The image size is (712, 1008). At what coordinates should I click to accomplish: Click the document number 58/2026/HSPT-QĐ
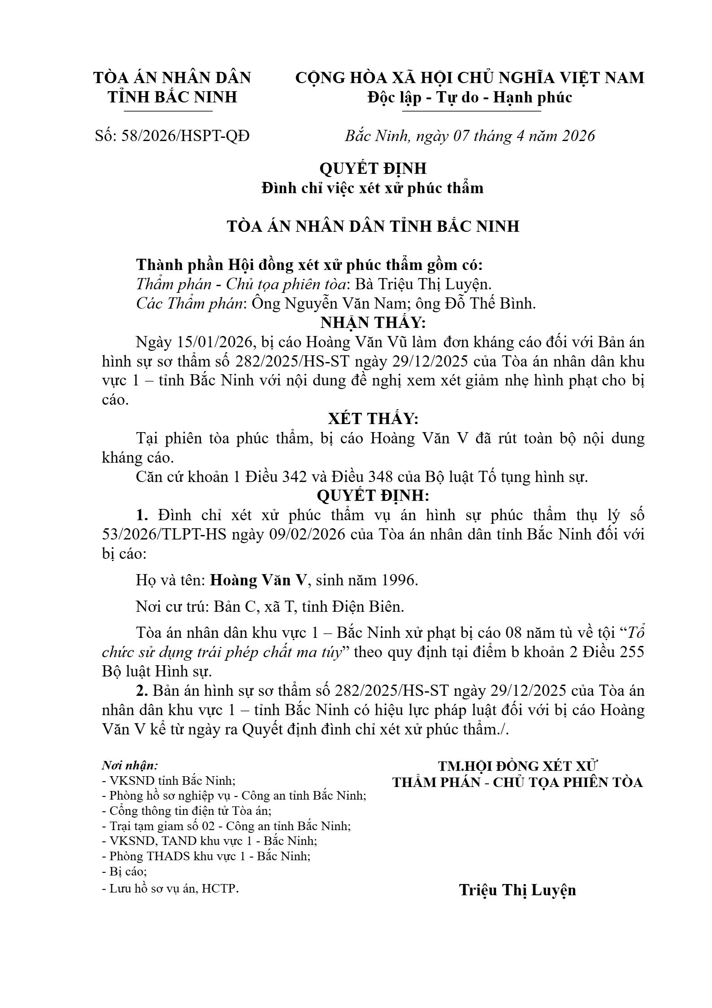(x=185, y=136)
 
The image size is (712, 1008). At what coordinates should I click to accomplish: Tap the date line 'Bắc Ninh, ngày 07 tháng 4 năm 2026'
(x=470, y=136)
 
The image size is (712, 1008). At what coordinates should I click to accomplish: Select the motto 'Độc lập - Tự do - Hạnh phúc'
(x=470, y=97)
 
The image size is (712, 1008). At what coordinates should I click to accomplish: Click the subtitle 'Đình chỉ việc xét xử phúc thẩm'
(x=373, y=187)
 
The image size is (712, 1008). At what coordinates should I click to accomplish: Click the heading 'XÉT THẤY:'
(x=373, y=419)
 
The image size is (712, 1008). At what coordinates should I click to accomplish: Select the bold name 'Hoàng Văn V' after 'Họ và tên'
(x=258, y=580)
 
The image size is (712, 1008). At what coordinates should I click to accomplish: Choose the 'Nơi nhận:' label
(x=130, y=765)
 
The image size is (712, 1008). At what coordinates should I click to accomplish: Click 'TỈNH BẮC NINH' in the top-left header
(x=172, y=97)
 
